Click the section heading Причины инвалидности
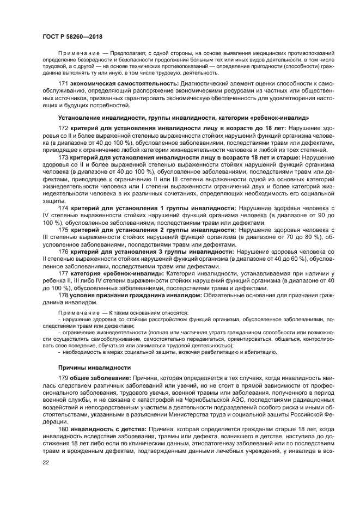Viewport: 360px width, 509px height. click(94, 367)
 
